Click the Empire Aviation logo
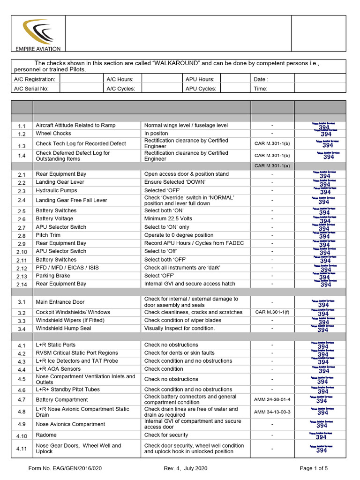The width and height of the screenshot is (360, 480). tap(37, 35)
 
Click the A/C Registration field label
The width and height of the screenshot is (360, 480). tap(35, 80)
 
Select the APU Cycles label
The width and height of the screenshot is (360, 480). tap(201, 89)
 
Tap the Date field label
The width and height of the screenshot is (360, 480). tap(261, 80)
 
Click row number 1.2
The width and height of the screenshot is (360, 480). tap(22, 134)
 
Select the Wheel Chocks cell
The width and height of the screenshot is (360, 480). tap(53, 134)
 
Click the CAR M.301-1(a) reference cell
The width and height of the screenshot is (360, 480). tap(272, 165)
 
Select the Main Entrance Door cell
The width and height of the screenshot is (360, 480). tap(60, 302)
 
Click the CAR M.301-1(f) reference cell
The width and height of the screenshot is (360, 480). tap(272, 312)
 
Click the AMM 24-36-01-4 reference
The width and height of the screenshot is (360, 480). tap(272, 400)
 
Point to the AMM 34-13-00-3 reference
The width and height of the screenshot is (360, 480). tap(272, 412)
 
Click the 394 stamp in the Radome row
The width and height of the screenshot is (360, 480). tap(322, 436)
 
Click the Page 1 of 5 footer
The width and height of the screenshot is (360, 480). tap(314, 468)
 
